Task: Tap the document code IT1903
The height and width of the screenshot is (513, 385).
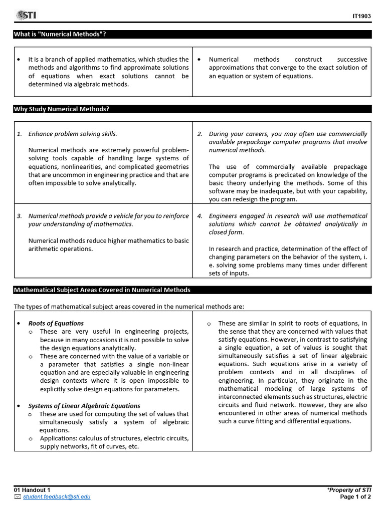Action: pyautogui.click(x=361, y=16)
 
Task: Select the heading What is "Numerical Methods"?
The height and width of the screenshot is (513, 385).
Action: pyautogui.click(x=60, y=34)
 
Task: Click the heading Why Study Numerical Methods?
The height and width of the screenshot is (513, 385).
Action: pyautogui.click(x=61, y=109)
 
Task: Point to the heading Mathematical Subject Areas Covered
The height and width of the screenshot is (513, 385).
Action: pyautogui.click(x=102, y=290)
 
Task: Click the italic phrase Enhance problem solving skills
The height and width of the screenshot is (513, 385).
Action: pyautogui.click(x=73, y=134)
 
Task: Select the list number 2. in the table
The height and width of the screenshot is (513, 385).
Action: pyautogui.click(x=200, y=134)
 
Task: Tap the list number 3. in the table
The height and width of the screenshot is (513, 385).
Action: pyautogui.click(x=19, y=216)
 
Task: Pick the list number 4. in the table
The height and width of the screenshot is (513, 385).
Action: pyautogui.click(x=200, y=216)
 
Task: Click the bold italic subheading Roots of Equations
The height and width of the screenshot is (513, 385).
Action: pyautogui.click(x=56, y=323)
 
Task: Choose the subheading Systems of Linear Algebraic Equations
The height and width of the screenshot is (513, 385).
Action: pyautogui.click(x=84, y=406)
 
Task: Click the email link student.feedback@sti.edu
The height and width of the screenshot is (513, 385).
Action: pyautogui.click(x=57, y=496)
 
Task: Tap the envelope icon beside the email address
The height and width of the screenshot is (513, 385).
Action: pyautogui.click(x=18, y=496)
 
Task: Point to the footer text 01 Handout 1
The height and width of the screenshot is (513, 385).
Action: pyautogui.click(x=32, y=489)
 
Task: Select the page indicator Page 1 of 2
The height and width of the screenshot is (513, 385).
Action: pyautogui.click(x=355, y=496)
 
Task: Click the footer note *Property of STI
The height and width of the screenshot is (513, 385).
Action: pyautogui.click(x=349, y=489)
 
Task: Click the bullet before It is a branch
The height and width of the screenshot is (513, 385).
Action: pyautogui.click(x=19, y=59)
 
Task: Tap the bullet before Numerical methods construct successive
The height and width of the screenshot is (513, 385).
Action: pyautogui.click(x=200, y=59)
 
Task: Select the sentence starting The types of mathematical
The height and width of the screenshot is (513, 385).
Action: pyautogui.click(x=129, y=306)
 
